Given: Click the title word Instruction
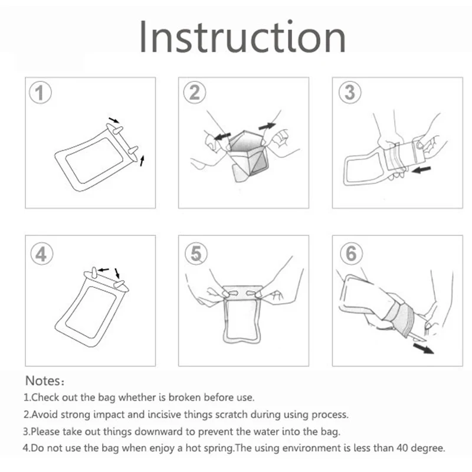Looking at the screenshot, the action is [242, 37].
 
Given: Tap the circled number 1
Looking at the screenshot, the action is [40, 93].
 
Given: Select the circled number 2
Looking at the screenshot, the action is [195, 93].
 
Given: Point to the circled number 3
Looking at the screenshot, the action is [350, 93].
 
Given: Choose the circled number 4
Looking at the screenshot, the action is [42, 254].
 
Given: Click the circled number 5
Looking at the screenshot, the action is [196, 254].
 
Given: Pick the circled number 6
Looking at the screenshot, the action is [351, 254].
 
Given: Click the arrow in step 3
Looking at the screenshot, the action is [421, 170].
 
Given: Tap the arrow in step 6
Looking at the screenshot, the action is [423, 349].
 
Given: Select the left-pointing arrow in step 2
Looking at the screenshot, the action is [222, 136].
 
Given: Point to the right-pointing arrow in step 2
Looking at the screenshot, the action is [267, 126].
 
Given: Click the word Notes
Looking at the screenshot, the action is [42, 381].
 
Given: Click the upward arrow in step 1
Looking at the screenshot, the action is [142, 160].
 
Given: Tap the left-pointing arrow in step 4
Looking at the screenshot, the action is [104, 270].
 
